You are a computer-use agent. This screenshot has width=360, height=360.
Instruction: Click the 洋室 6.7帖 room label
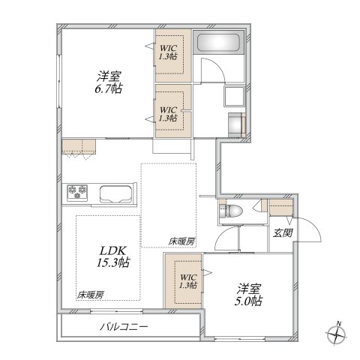point(109,82)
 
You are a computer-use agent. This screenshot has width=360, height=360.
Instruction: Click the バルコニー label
point(124,327)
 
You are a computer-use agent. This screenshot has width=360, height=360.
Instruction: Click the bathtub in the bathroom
point(217,44)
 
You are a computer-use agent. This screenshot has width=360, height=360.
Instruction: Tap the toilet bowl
point(232,211)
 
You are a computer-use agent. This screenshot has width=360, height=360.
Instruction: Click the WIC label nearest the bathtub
point(168,52)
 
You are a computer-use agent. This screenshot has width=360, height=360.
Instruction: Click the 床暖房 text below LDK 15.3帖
point(89,295)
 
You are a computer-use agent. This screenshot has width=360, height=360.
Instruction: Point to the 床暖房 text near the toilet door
point(181,241)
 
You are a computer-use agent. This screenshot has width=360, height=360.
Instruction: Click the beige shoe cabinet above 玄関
point(280,210)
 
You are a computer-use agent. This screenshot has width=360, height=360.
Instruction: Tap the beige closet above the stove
point(79,145)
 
